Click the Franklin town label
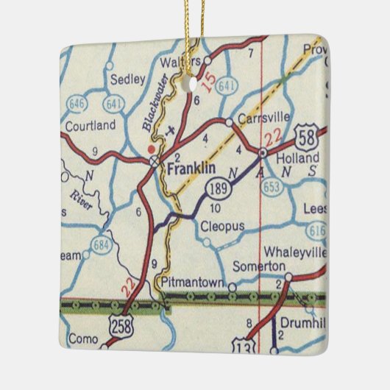click(191, 168)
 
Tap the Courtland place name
click(90, 126)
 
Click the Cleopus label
click(221, 227)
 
